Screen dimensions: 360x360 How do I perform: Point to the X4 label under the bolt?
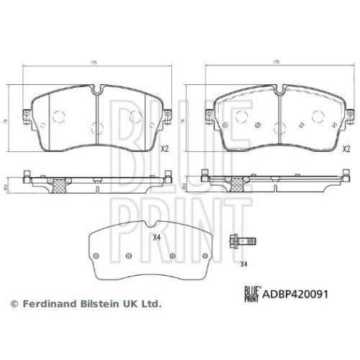point(243,264)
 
